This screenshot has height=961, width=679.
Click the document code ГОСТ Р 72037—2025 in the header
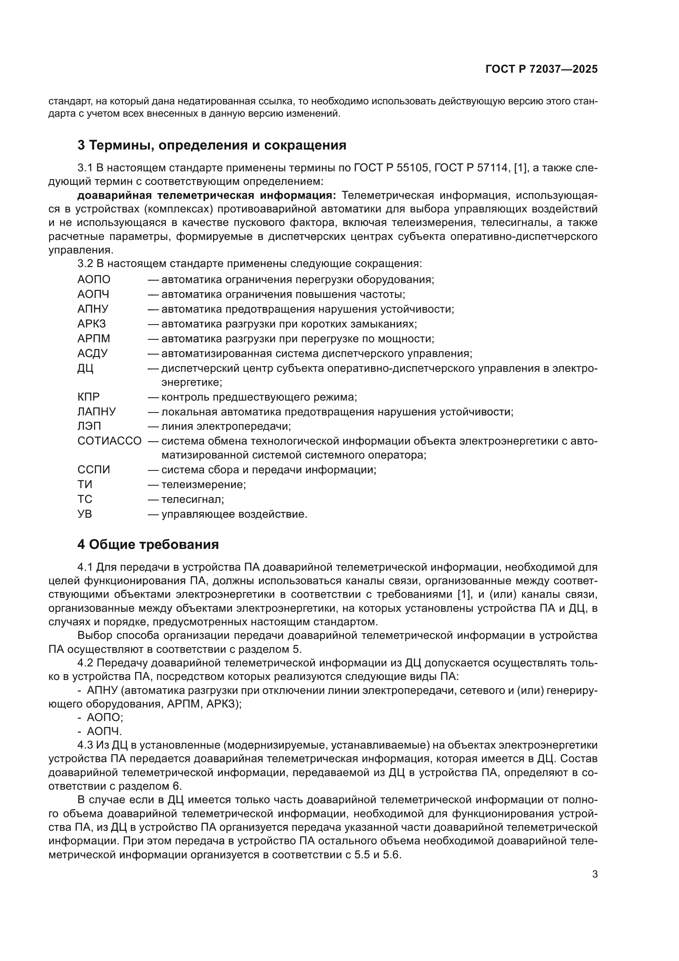tap(541, 69)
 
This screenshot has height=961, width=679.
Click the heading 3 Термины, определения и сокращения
tap(212, 145)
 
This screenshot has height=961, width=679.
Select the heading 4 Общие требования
tap(148, 544)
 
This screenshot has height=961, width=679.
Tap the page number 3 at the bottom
tap(594, 874)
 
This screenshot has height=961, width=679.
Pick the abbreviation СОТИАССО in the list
tap(110, 441)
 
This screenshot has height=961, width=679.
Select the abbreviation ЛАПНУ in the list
tap(96, 411)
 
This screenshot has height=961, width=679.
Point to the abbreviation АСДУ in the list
tap(92, 353)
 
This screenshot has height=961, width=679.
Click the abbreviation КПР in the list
tap(89, 397)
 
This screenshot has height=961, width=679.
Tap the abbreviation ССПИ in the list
tap(94, 470)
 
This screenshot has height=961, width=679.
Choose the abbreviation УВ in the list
tap(85, 514)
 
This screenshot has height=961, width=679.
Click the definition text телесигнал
tap(193, 499)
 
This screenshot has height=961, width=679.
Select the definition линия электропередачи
tap(226, 426)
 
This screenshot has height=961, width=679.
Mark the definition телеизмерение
tap(204, 484)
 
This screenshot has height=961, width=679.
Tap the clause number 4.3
tap(86, 745)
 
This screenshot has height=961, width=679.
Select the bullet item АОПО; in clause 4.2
tap(105, 717)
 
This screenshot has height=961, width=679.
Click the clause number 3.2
tap(86, 263)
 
